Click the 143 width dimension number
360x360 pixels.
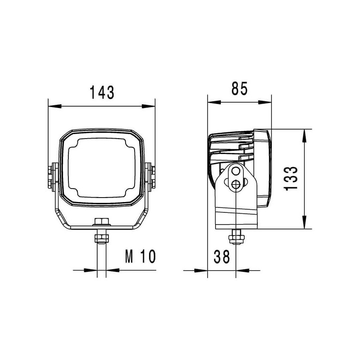(102, 93)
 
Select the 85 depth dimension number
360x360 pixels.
(239, 88)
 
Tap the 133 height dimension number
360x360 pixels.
(291, 178)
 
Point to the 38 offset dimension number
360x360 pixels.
(221, 256)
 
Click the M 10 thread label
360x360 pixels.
(140, 256)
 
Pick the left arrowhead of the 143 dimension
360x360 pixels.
(55, 106)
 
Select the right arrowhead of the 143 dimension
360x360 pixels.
(148, 106)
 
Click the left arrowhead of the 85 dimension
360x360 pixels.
(214, 102)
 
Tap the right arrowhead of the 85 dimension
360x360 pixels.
(265, 102)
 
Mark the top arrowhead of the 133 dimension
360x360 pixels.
(304, 136)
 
